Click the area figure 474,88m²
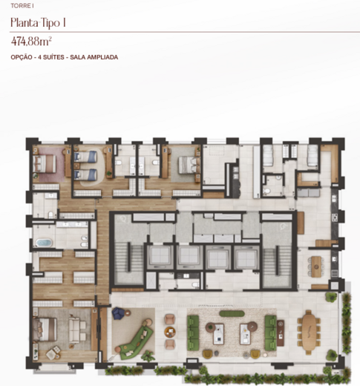click(31, 42)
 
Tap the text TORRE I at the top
click(22, 6)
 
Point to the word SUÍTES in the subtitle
click(53, 57)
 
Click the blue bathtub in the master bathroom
click(44, 243)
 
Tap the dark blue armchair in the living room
click(119, 313)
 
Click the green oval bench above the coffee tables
click(232, 314)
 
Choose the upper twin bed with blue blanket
click(85, 157)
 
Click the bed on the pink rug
click(45, 163)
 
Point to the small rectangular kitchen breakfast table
click(316, 266)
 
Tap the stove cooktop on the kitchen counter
click(335, 217)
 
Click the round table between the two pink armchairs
click(170, 332)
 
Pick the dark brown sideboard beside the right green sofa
click(281, 333)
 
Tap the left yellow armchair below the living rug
click(208, 354)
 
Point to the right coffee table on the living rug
click(245, 334)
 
